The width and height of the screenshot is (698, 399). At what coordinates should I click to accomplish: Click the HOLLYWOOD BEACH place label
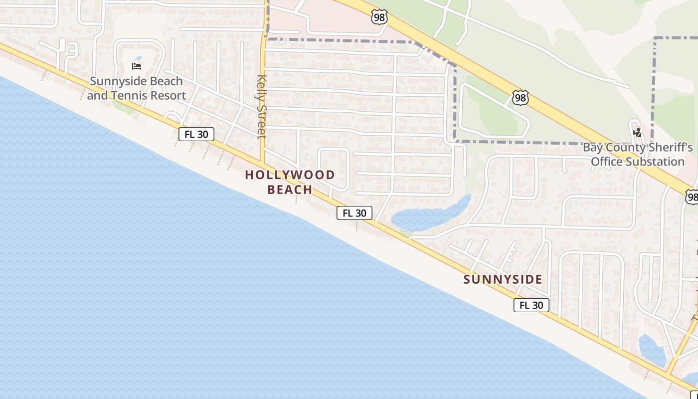[290, 182]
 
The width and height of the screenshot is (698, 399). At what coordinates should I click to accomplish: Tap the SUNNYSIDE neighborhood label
[503, 279]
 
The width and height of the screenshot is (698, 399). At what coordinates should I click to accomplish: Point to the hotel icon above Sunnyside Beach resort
[137, 66]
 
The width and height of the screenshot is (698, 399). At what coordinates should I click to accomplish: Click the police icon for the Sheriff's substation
[637, 133]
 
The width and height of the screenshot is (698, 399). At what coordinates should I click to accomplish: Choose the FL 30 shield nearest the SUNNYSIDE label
[531, 305]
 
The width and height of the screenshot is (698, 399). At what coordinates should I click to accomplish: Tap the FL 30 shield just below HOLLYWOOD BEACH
[354, 213]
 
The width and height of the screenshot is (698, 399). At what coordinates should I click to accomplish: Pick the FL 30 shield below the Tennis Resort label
[196, 134]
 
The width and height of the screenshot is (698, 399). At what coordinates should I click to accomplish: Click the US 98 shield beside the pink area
[379, 16]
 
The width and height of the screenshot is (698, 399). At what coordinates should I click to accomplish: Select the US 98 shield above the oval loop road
[520, 98]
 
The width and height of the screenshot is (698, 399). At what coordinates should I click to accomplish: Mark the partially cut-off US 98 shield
[692, 197]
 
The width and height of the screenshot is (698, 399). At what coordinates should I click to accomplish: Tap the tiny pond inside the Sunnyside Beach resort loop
[138, 58]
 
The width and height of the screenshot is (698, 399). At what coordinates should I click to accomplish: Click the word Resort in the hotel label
[170, 95]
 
